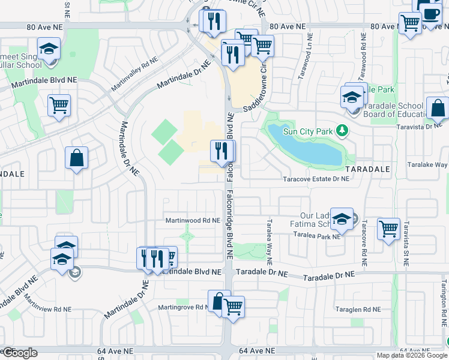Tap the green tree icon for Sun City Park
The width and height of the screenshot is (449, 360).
click(342, 130)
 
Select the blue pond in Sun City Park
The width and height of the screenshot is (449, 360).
click(306, 146)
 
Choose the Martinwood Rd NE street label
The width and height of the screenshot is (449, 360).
click(193, 221)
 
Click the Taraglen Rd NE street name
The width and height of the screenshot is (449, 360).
click(359, 310)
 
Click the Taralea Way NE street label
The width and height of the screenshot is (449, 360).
click(270, 250)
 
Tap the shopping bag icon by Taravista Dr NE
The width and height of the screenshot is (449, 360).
click(438, 108)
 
